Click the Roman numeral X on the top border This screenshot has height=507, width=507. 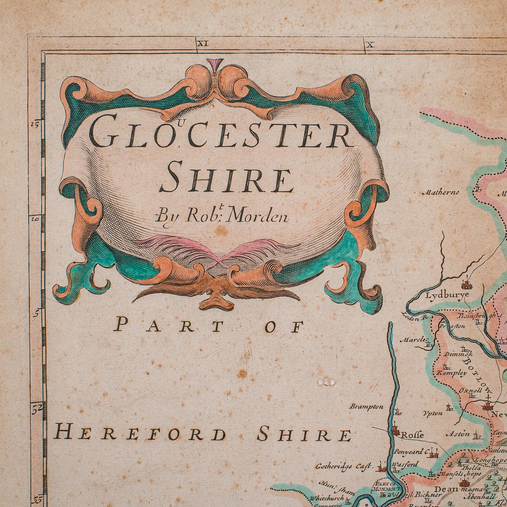(x=371, y=44)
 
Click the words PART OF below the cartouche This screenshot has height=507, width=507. (x=209, y=326)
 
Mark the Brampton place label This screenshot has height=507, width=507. (x=366, y=406)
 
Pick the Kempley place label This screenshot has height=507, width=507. (x=451, y=373)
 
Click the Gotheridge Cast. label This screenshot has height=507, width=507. (x=343, y=466)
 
